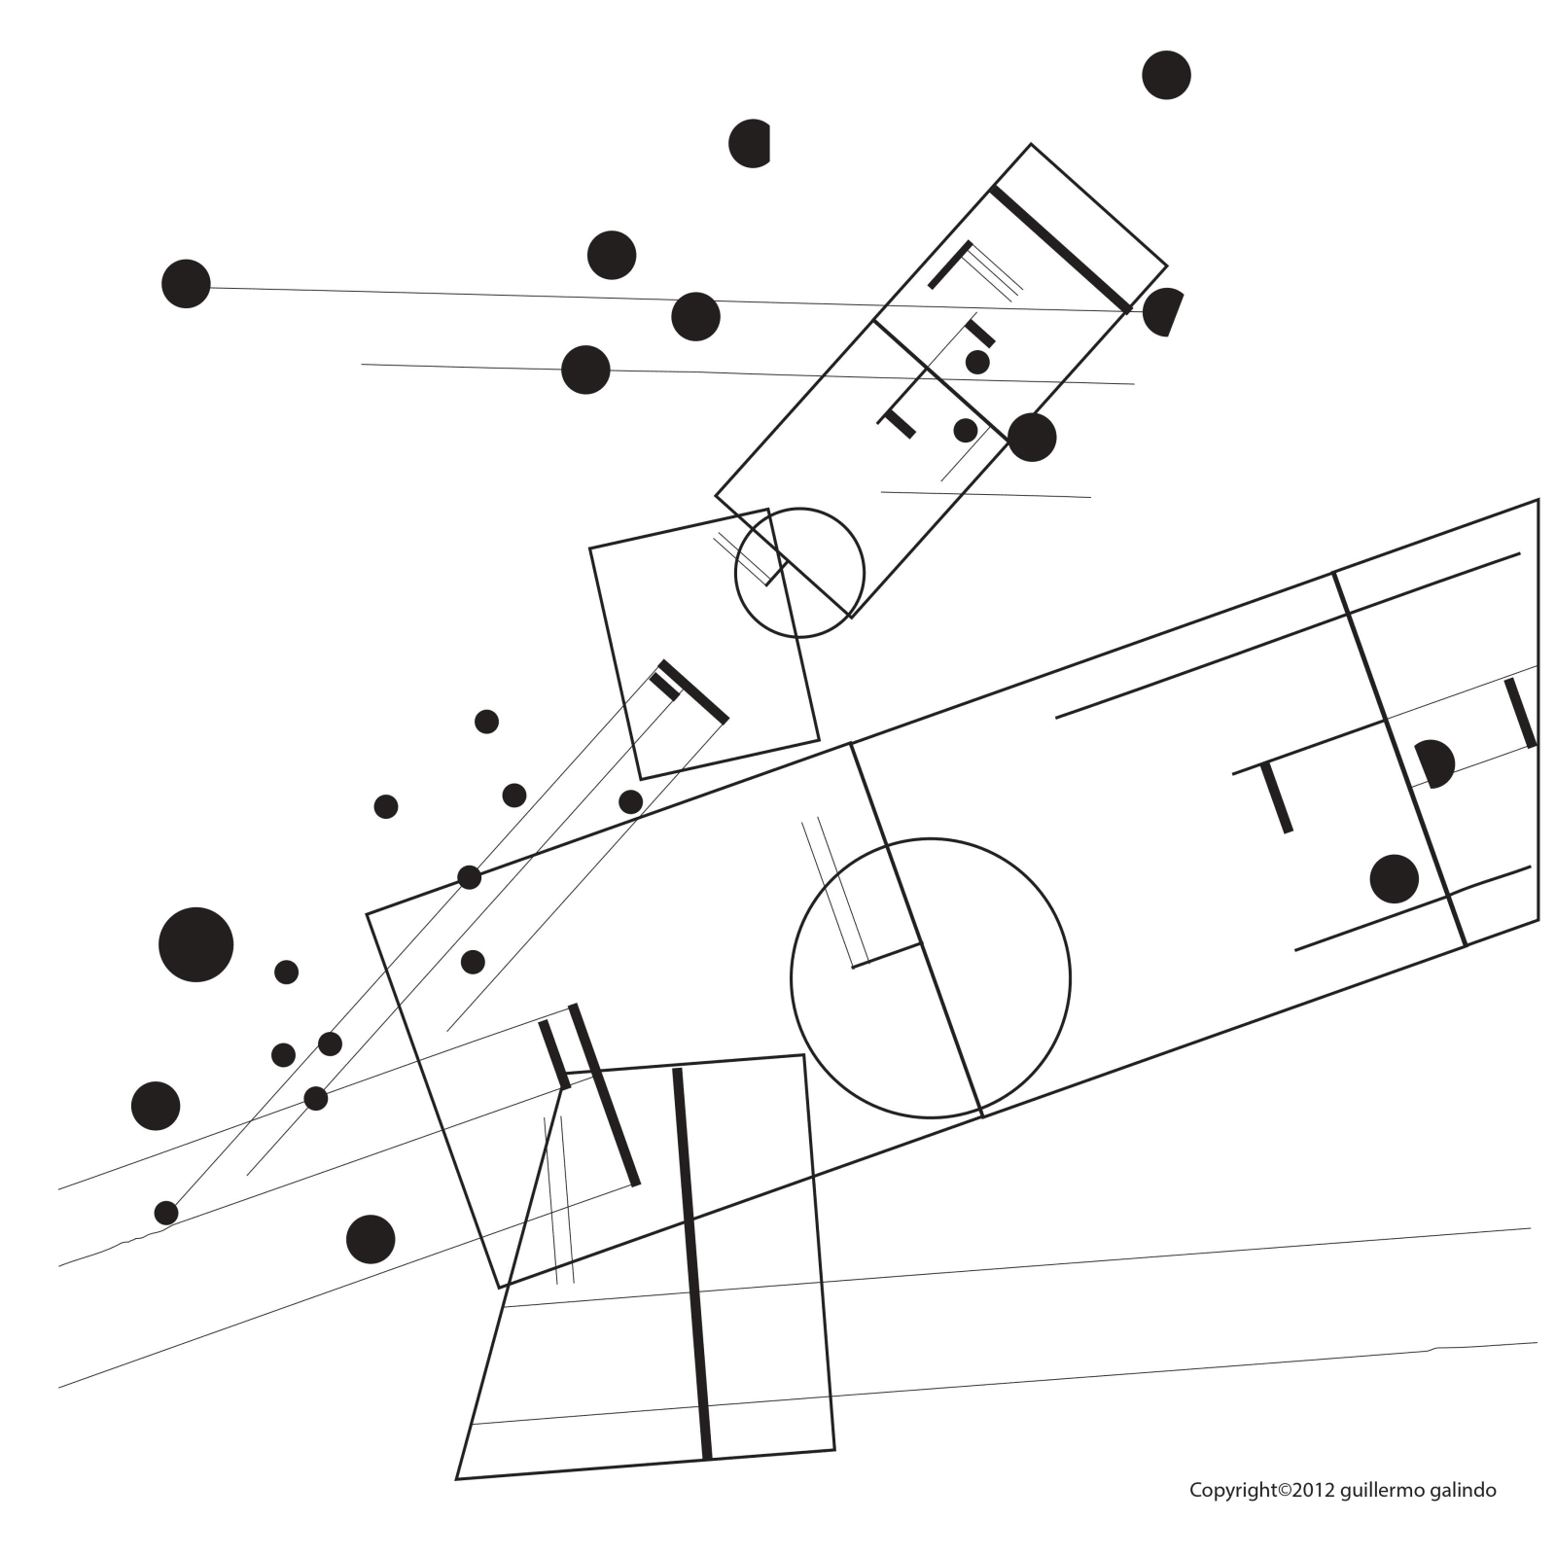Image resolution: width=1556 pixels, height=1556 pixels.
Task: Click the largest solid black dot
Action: coord(196,944)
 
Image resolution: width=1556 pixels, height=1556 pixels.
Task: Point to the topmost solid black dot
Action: coord(1166,75)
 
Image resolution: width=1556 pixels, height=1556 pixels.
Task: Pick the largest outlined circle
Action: coord(931,978)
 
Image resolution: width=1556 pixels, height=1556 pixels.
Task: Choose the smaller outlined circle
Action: coord(799,573)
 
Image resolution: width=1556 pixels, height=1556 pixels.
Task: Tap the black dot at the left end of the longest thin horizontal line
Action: coord(186,284)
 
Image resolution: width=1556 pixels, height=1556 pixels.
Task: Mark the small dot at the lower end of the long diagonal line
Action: coord(166,1213)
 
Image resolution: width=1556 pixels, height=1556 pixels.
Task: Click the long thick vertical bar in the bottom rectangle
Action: coord(692,1264)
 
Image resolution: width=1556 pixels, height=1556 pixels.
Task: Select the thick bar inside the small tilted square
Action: coord(692,692)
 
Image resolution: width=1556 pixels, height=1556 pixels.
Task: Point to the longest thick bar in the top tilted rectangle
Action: coord(1060,249)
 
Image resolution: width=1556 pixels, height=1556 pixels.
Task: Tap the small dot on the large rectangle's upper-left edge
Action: coord(470,877)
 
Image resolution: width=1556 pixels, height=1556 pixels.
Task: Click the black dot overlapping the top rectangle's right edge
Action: coord(1032,438)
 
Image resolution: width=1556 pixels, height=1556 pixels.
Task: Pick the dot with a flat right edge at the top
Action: coord(750,144)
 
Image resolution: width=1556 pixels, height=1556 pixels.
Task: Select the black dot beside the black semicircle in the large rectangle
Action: coord(1395,879)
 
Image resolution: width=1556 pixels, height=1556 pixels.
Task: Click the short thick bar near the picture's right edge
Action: coord(1521,713)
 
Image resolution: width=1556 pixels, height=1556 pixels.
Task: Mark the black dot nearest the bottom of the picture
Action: coord(371,1239)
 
